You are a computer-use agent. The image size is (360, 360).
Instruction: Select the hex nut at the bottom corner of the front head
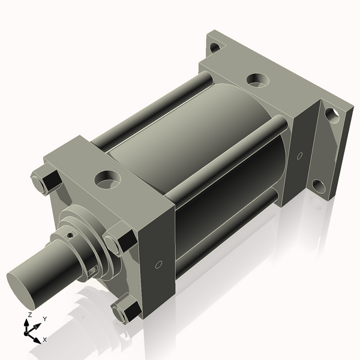click(x=127, y=309)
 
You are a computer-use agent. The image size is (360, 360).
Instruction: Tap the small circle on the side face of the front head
click(x=158, y=265)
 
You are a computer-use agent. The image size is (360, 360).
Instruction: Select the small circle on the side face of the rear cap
click(x=299, y=156)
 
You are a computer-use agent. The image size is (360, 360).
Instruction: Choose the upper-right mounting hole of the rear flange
click(x=332, y=115)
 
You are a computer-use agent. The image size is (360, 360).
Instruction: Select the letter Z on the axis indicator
click(x=29, y=314)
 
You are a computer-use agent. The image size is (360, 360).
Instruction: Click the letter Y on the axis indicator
click(x=44, y=319)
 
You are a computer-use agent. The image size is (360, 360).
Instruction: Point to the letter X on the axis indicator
click(x=44, y=340)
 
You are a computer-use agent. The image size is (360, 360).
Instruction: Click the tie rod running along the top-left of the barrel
click(x=150, y=110)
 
